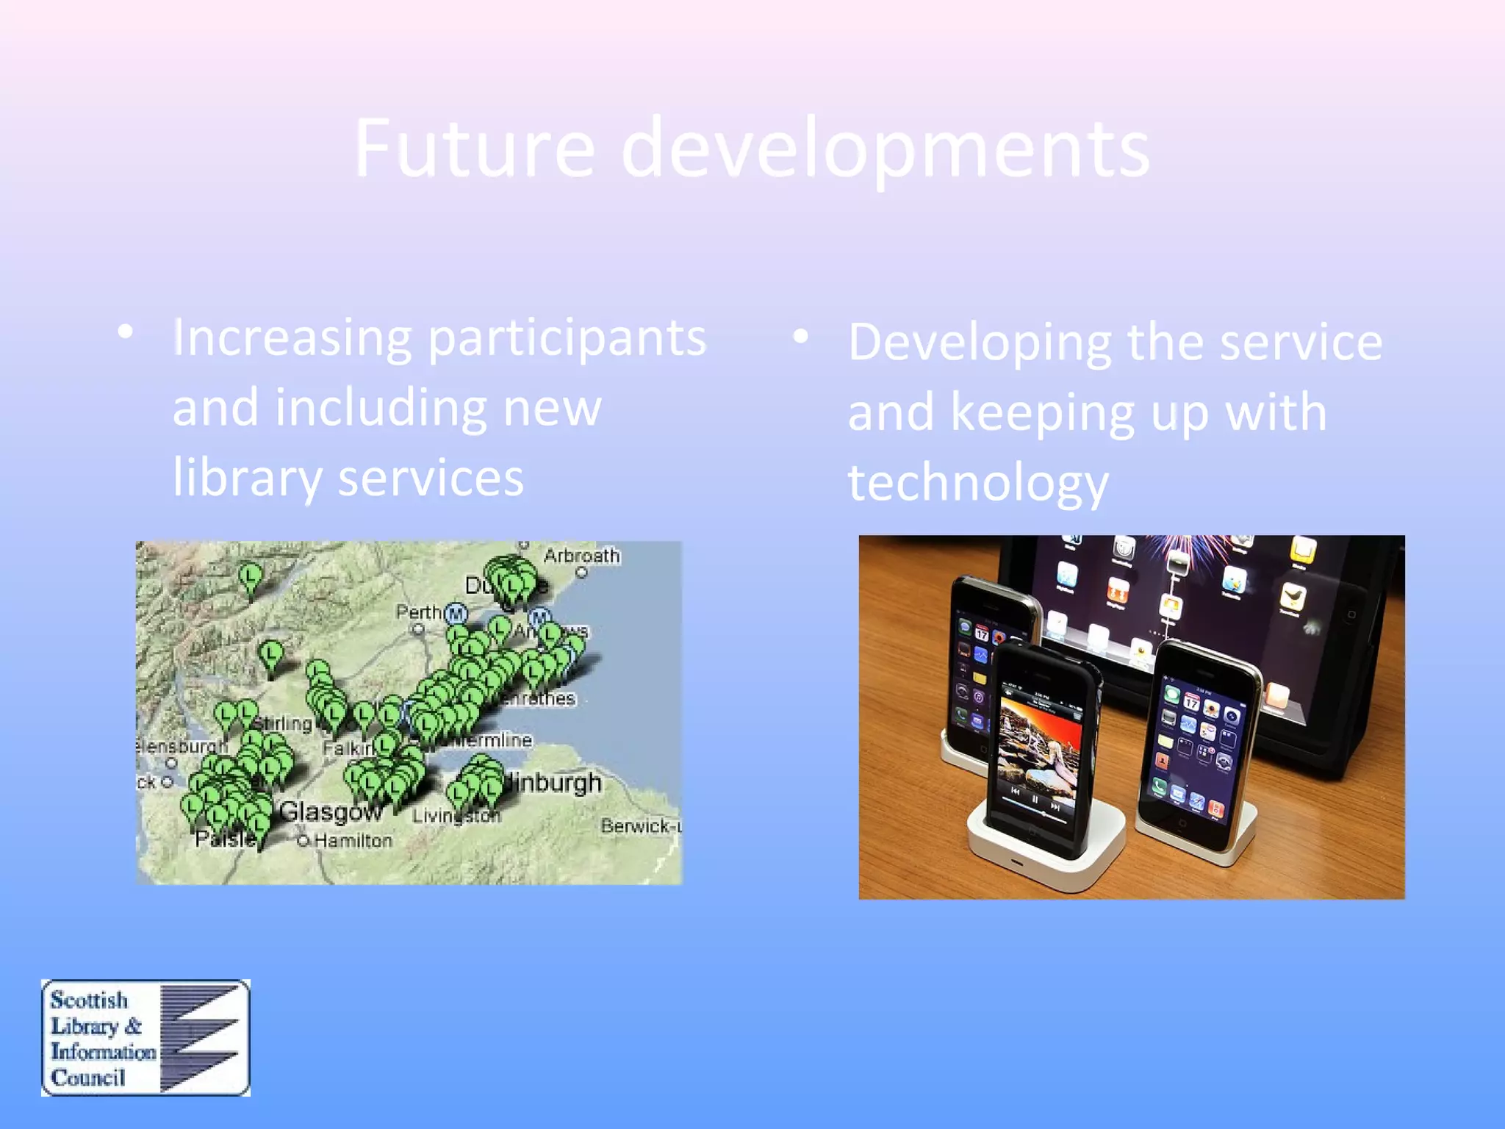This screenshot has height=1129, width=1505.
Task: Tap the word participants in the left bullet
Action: (x=567, y=338)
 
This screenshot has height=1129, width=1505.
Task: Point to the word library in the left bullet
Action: (x=247, y=478)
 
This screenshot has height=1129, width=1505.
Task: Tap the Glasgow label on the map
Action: (x=331, y=812)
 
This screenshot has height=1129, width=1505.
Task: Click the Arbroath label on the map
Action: (x=581, y=556)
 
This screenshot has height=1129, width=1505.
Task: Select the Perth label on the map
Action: (x=417, y=612)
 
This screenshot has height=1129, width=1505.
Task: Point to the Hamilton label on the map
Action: (x=353, y=840)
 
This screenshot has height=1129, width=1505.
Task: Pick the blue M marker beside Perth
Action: (x=456, y=613)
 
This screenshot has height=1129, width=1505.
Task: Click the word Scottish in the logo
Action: (x=89, y=1000)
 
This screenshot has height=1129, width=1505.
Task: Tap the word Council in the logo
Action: (x=87, y=1078)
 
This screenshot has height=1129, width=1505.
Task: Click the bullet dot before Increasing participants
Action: (x=126, y=332)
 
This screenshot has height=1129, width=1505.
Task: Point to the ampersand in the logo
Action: (x=133, y=1026)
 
